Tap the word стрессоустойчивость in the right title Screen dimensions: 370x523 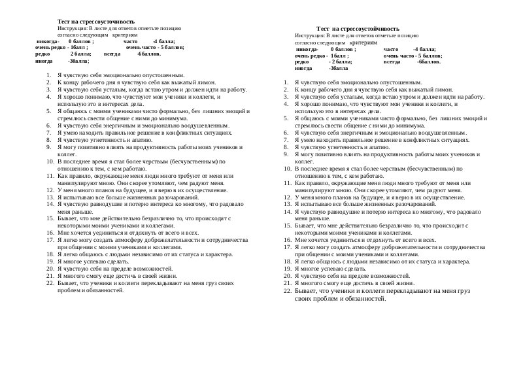(365, 29)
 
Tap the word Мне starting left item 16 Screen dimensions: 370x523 (63, 232)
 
